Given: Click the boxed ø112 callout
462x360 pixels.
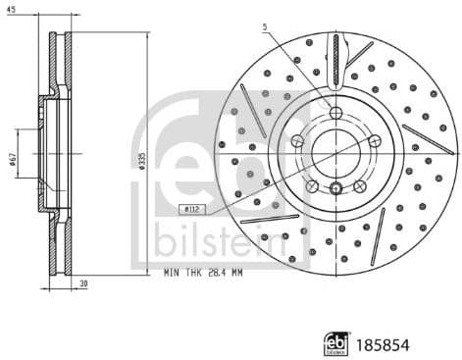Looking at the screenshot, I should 191,208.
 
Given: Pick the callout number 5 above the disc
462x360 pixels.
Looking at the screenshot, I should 264,27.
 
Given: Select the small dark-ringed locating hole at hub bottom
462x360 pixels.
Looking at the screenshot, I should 334,189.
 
